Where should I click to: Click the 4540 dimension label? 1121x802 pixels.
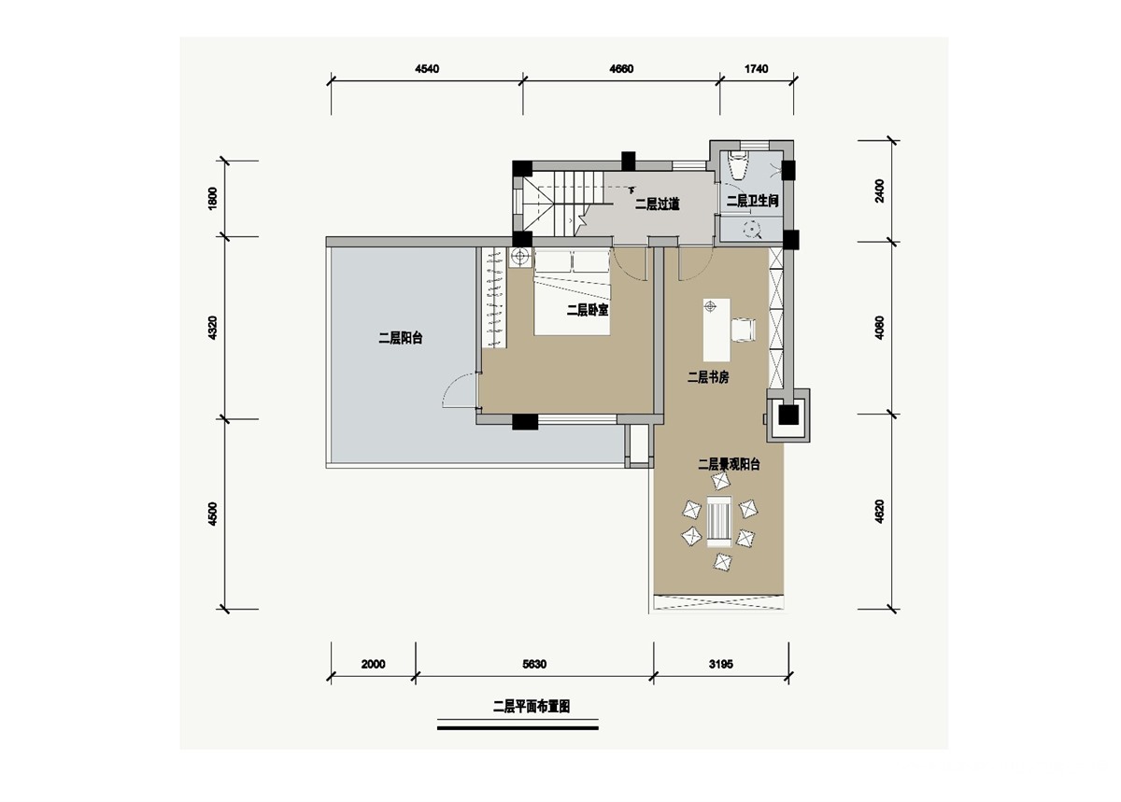(x=427, y=68)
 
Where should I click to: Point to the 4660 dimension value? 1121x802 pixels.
(x=621, y=68)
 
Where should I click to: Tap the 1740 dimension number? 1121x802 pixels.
(x=756, y=68)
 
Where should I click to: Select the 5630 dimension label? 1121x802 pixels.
(x=534, y=664)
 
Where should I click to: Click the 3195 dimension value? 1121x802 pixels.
(x=720, y=664)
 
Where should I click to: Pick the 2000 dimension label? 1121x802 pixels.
(x=374, y=664)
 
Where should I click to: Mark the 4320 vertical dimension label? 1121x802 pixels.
(x=212, y=329)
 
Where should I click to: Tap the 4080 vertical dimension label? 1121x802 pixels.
(x=879, y=328)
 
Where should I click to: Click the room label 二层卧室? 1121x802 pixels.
(x=588, y=310)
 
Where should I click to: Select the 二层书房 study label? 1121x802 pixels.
(x=708, y=377)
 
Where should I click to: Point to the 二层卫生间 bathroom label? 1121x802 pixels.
(x=752, y=201)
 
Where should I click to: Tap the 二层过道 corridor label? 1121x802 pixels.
(x=657, y=204)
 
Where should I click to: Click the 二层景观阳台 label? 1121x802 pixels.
(x=729, y=464)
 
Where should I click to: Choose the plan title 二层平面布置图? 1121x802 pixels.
(x=532, y=707)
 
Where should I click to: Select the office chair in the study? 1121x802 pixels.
(x=744, y=331)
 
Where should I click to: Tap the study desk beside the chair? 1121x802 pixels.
(x=717, y=331)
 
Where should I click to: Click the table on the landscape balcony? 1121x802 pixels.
(x=719, y=521)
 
